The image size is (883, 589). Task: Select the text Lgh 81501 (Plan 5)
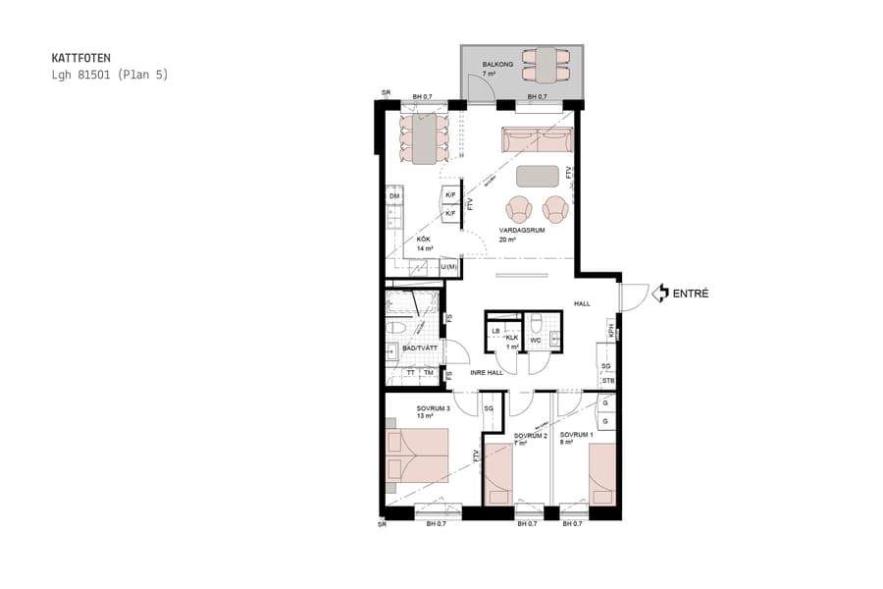[109, 75]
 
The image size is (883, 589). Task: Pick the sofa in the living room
[538, 141]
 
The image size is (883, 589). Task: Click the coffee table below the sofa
[538, 176]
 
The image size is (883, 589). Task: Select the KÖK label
[424, 240]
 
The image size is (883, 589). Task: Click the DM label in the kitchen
[394, 197]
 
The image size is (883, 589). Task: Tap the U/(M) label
[448, 267]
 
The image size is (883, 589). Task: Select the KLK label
[511, 338]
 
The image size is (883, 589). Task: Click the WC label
[536, 341]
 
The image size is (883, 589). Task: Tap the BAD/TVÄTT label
[418, 348]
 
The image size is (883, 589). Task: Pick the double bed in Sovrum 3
[417, 455]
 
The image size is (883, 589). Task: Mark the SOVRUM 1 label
[576, 434]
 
